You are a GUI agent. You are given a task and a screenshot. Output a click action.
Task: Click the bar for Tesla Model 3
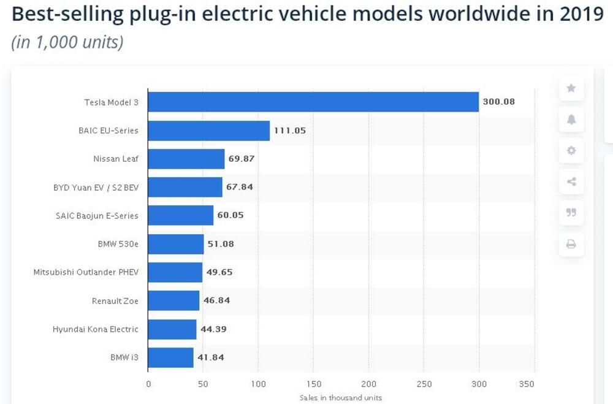tap(313, 102)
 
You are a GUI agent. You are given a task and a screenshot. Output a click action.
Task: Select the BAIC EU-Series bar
tap(208, 131)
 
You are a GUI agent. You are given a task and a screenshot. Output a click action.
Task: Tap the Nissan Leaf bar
tap(186, 159)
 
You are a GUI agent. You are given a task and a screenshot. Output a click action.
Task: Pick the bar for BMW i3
tap(170, 357)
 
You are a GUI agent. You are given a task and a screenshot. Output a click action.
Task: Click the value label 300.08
tap(498, 102)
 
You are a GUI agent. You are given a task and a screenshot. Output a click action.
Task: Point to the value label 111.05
tap(289, 131)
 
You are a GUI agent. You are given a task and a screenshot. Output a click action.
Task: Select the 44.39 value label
tap(213, 329)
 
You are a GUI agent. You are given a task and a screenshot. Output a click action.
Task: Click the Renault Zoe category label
tap(115, 301)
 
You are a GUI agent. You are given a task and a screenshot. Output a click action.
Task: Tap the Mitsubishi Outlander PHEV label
tap(86, 272)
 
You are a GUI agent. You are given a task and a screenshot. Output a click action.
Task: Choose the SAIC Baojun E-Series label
tap(97, 216)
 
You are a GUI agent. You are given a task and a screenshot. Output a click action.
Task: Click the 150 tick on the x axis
tap(313, 384)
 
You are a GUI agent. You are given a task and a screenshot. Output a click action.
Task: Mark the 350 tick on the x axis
tap(526, 384)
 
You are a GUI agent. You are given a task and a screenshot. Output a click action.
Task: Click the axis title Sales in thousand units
tap(340, 398)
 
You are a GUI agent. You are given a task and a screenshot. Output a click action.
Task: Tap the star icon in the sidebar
tap(571, 88)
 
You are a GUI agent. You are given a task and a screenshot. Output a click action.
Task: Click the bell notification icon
tap(571, 120)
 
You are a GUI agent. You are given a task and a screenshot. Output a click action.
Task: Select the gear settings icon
tap(571, 150)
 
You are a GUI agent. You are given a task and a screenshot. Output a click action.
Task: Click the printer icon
tap(571, 244)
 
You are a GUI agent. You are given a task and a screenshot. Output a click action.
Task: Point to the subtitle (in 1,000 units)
tap(67, 42)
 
